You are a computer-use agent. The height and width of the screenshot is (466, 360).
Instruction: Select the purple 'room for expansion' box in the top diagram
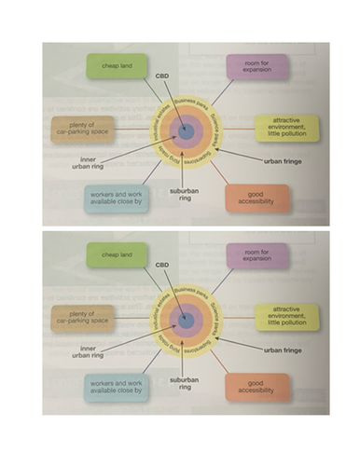click(256, 67)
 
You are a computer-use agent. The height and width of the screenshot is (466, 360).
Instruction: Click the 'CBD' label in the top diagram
click(160, 75)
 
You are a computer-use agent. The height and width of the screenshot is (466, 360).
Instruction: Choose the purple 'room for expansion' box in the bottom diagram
click(256, 254)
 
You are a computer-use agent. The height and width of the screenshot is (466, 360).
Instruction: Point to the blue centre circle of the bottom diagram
click(185, 320)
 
